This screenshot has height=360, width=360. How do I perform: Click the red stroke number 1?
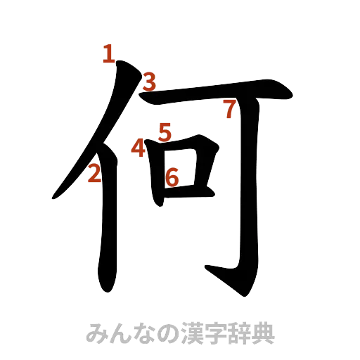[x=108, y=53]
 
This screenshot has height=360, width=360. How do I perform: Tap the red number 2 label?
[x=94, y=174]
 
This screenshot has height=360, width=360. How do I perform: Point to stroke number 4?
[x=139, y=148]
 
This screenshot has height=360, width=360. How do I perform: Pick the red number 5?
[x=165, y=131]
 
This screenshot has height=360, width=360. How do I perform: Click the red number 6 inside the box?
[x=172, y=177]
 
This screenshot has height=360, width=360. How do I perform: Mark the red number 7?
[x=228, y=109]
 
